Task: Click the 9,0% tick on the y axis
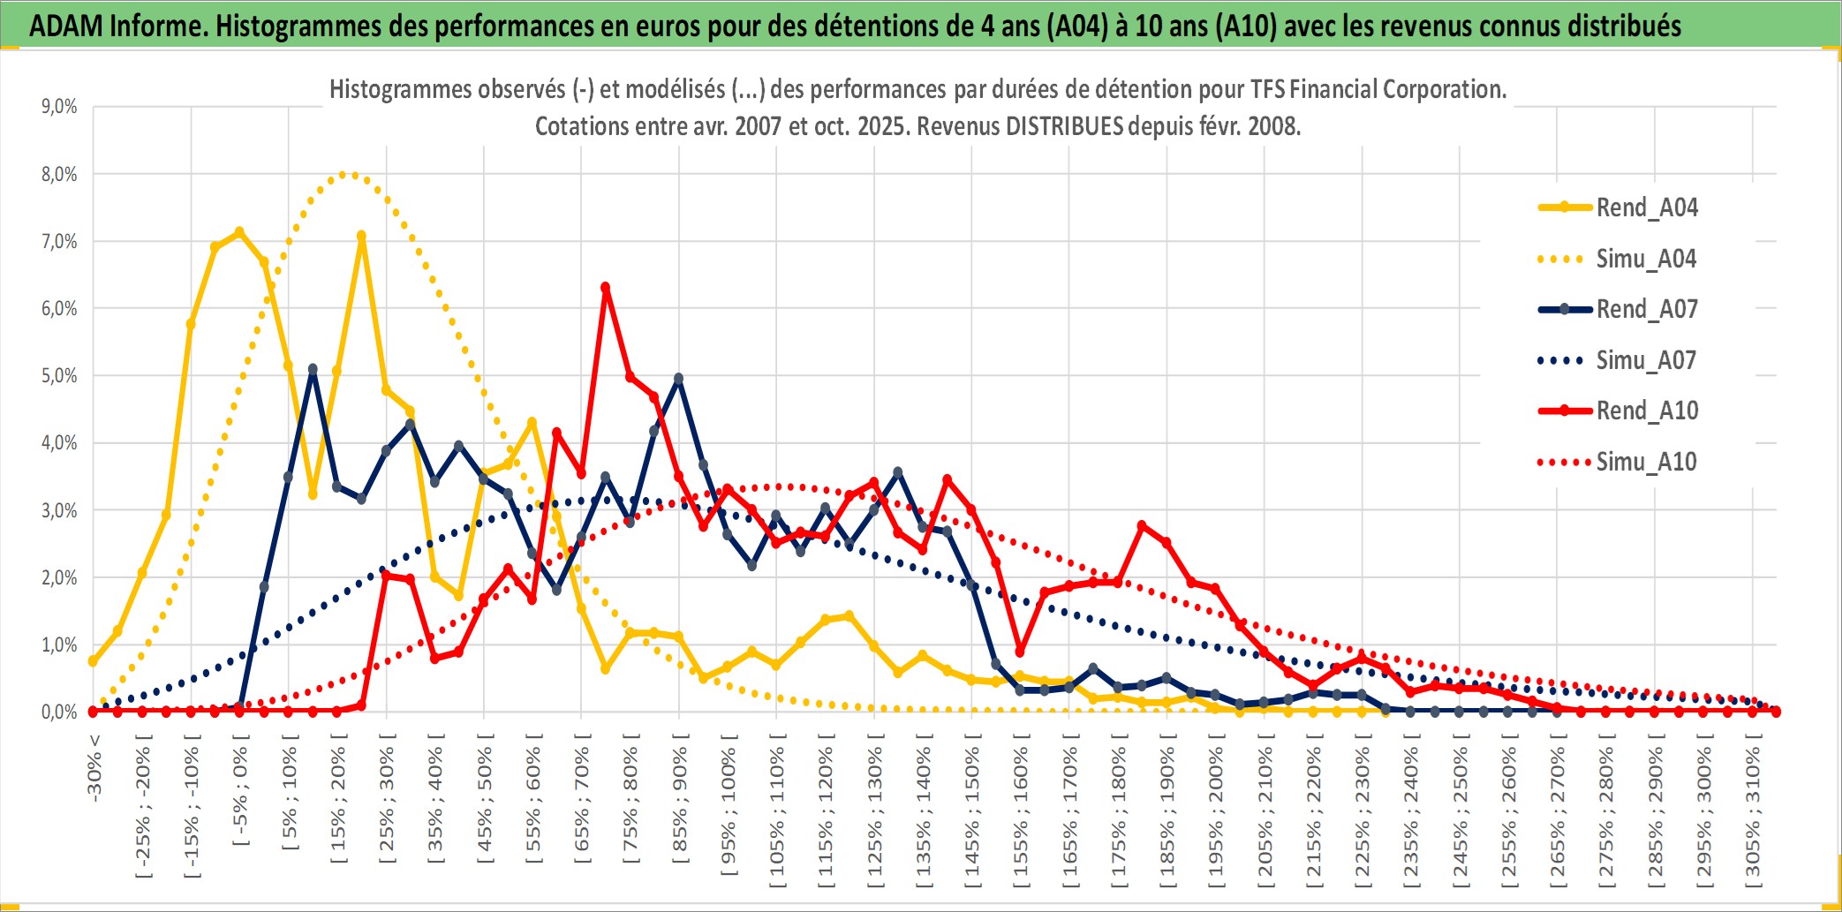pos(59,107)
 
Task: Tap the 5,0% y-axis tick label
pos(59,376)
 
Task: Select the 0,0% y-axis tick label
pos(59,712)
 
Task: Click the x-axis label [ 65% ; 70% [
pos(582,802)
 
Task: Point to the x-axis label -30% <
pos(94,768)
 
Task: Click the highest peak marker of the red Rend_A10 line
pos(605,288)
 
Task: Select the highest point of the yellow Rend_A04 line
pos(239,232)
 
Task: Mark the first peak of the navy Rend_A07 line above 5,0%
pos(313,369)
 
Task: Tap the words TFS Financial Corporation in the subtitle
pos(1378,89)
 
